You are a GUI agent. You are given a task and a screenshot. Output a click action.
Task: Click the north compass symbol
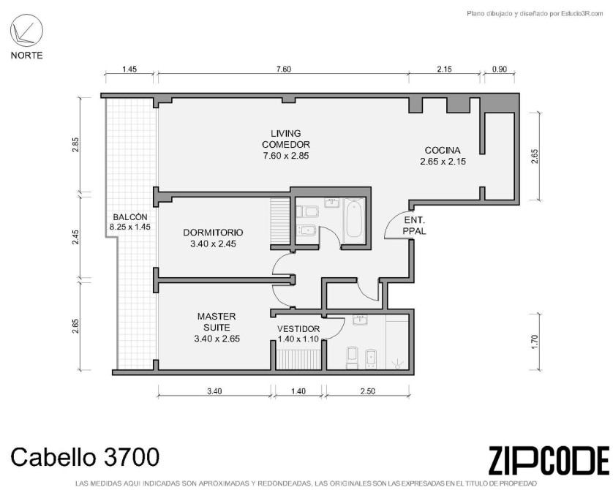point(26,31)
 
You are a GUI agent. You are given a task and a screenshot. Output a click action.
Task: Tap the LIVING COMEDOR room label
point(286,145)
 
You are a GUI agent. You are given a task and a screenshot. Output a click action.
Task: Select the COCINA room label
point(443,156)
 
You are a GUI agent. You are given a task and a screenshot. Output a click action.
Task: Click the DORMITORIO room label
point(213,238)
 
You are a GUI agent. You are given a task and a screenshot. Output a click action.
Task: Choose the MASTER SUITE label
point(217,327)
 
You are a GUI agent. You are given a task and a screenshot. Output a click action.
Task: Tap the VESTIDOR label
point(298,333)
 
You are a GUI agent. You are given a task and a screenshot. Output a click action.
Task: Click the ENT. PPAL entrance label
point(415,225)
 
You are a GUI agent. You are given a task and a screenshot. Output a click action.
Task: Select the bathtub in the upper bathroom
point(354,221)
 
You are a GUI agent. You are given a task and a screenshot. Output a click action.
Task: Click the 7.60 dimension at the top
point(284,69)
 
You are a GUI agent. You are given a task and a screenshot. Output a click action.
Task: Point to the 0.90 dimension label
point(499,69)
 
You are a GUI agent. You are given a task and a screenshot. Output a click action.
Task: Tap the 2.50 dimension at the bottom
point(367,391)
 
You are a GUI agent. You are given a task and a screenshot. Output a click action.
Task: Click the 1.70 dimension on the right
point(535,342)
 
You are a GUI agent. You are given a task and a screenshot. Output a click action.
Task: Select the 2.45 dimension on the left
point(75,236)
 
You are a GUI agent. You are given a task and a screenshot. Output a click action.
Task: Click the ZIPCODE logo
point(549,461)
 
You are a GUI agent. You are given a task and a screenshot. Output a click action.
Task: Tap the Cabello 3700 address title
point(85,457)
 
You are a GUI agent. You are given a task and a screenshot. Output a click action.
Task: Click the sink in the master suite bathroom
point(360,320)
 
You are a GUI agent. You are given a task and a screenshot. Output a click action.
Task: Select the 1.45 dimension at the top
point(129,69)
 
